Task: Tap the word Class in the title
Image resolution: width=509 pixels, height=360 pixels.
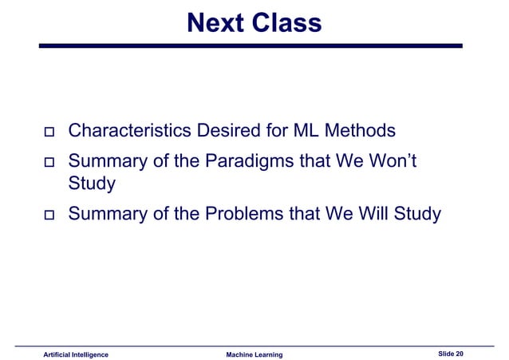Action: click(x=288, y=23)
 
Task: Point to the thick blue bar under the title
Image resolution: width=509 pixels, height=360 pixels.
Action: click(x=251, y=46)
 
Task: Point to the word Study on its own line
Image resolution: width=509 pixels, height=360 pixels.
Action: click(x=92, y=184)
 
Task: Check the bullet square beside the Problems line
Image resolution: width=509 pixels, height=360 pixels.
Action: click(x=47, y=216)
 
